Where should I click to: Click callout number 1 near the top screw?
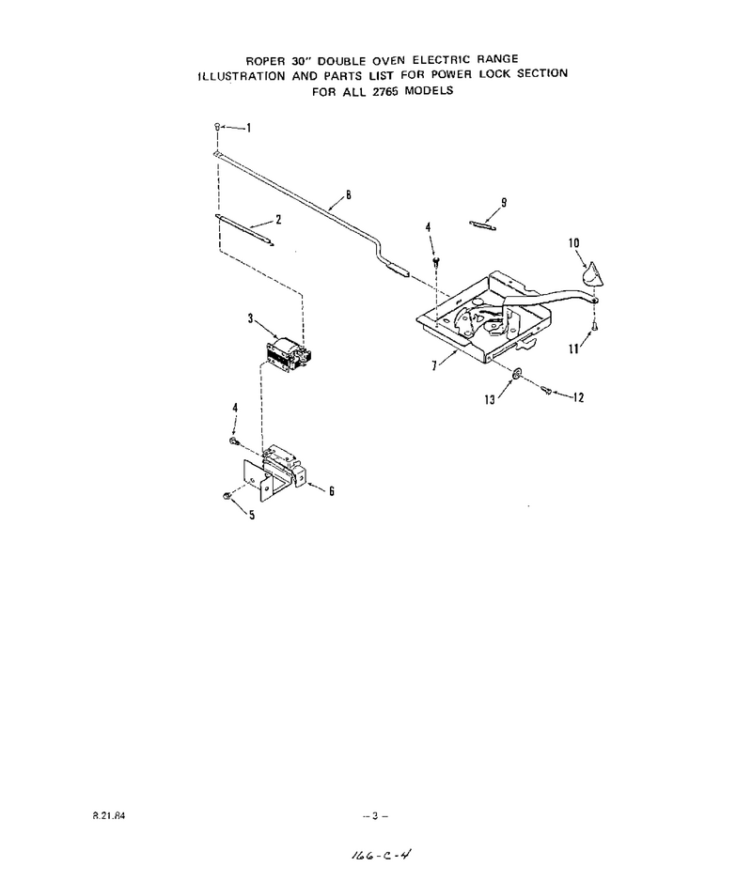(249, 128)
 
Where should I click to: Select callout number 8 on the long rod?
(349, 195)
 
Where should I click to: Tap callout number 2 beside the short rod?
(278, 220)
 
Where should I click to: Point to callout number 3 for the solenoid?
(250, 318)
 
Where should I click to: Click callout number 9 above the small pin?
(504, 202)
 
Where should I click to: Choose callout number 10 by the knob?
(573, 243)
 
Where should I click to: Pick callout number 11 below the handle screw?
(573, 348)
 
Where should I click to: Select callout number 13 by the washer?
(490, 399)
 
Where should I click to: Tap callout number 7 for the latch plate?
(434, 365)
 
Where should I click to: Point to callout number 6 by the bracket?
(332, 491)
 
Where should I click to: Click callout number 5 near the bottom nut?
(252, 515)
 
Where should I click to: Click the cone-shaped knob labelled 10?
(590, 274)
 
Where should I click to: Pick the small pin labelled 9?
(482, 225)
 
